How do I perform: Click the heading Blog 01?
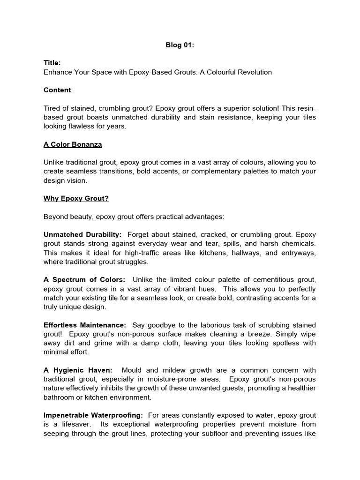[180, 45]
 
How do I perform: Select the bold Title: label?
[52, 63]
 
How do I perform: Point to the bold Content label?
[57, 90]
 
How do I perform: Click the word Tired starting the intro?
[52, 108]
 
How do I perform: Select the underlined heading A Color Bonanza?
[73, 144]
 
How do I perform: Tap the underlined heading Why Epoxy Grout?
[76, 199]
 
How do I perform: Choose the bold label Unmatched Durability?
[82, 234]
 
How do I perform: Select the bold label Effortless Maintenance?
[85, 325]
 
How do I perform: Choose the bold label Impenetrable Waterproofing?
[94, 415]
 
